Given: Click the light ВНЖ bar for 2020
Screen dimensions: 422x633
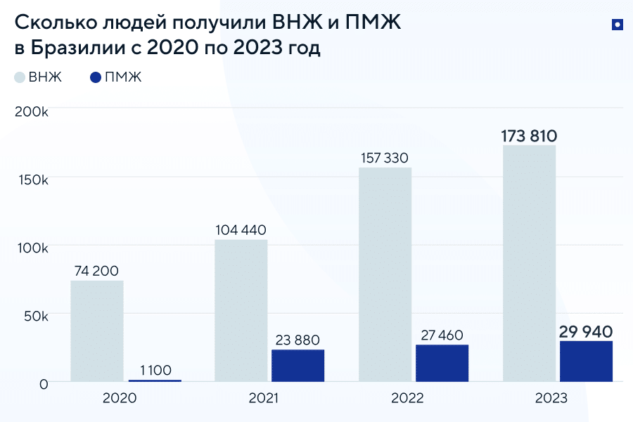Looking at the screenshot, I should point(97,331).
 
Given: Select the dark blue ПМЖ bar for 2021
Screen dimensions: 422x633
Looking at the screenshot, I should point(298,366).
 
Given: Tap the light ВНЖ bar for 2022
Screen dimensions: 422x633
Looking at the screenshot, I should point(385,274).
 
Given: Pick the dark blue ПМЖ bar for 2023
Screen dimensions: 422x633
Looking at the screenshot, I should point(586,362).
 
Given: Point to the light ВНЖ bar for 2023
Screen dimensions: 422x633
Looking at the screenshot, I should point(529,264).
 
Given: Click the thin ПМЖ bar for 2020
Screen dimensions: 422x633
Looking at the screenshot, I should point(155,381).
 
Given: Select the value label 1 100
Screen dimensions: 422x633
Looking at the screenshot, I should point(155,370).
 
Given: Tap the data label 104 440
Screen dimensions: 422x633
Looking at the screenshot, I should point(241,229).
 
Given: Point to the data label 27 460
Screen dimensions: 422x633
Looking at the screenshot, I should point(442,335).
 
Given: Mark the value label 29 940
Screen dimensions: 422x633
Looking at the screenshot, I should point(586,331).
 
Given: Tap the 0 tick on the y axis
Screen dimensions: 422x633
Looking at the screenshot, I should point(44,384).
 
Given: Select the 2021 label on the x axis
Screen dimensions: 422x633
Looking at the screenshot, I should point(264,398).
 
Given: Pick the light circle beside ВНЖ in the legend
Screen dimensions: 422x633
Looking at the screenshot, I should point(20,77).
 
